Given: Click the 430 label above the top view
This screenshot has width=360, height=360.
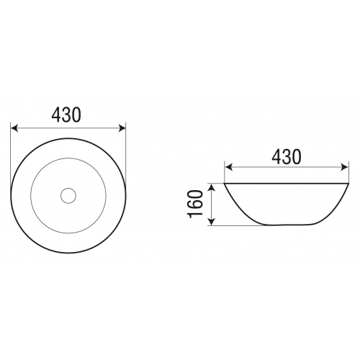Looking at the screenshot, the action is coord(66,114).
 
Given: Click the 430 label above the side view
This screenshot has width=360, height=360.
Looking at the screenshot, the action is coord(286,157).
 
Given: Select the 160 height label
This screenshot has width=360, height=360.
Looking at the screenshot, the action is coord(196,204).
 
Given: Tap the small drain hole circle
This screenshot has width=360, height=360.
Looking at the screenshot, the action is coord(68,196).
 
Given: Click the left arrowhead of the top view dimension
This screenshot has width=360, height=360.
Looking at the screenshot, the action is coord(14,128).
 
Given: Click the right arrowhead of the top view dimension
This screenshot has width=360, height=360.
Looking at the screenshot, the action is coord(122,128).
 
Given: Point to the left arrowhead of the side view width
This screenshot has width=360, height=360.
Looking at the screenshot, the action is coord(229,167).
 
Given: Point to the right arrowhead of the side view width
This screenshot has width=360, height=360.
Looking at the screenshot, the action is coord(344,167).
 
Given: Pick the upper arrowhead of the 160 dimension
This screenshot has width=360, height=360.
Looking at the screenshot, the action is coord(212,186).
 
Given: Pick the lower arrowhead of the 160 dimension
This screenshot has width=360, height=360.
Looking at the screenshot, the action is coord(212,222).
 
